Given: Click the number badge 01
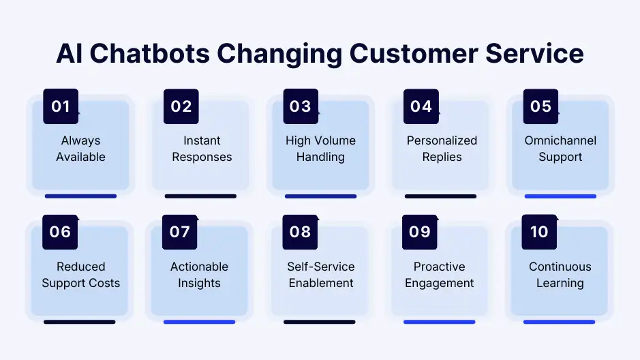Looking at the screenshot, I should click(x=61, y=106).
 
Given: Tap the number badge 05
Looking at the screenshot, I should click(x=540, y=106).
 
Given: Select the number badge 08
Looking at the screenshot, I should click(x=300, y=232).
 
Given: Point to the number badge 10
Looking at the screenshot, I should click(x=539, y=232).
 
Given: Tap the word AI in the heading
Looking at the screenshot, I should click(x=72, y=54).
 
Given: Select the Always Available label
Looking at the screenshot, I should click(x=80, y=149).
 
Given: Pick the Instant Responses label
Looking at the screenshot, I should click(x=202, y=149).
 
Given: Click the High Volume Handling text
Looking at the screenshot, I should click(x=320, y=149).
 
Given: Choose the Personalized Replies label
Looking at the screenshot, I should click(x=442, y=149).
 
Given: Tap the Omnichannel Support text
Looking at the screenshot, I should click(x=560, y=149).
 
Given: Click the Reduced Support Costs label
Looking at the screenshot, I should click(x=80, y=275).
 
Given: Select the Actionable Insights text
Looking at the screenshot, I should click(x=199, y=275).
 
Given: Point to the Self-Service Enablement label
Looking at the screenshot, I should click(x=320, y=275).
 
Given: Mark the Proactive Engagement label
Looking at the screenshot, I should click(x=439, y=275).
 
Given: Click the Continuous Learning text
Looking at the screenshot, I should click(x=560, y=275).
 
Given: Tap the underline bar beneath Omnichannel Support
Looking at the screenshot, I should click(x=560, y=196).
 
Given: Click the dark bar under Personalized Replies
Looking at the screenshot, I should click(x=440, y=196).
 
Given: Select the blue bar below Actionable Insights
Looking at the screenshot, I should click(x=199, y=322).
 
